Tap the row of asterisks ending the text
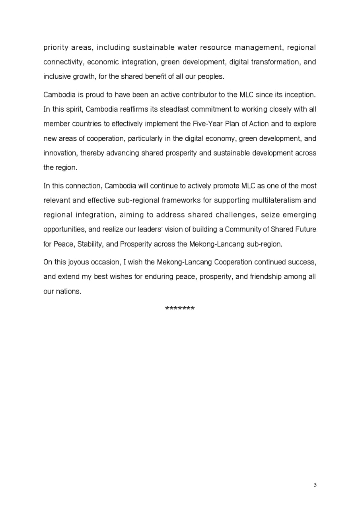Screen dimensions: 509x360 (179, 309)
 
